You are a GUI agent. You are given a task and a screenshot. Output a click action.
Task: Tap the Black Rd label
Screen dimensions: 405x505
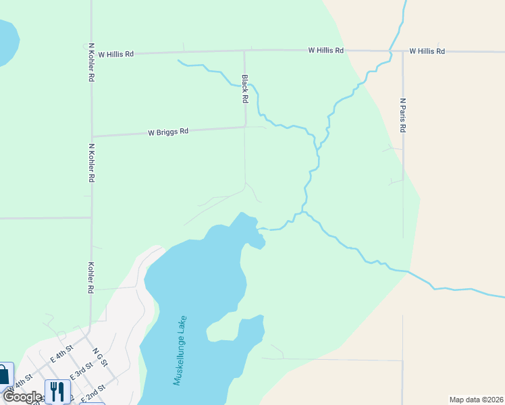(x=245, y=88)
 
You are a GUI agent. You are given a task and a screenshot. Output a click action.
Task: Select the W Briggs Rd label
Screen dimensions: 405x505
(x=168, y=132)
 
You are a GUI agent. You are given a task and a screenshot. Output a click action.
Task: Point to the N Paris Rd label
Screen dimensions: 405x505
(x=402, y=115)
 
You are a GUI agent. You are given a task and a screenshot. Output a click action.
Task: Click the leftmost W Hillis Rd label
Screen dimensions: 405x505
(x=116, y=53)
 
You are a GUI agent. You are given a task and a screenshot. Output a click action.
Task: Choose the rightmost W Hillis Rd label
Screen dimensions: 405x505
(x=427, y=51)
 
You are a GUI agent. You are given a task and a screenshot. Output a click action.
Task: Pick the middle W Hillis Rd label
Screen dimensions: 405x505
(x=326, y=51)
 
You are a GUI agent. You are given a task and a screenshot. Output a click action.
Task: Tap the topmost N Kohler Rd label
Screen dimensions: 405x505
(x=91, y=63)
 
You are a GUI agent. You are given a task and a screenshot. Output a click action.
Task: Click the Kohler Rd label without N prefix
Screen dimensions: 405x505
(x=90, y=277)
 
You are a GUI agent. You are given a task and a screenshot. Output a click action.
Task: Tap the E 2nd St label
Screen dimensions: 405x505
(x=93, y=392)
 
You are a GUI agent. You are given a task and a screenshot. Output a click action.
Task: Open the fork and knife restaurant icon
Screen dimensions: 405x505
(x=57, y=391)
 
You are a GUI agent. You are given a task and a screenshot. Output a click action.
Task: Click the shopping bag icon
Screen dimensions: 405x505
(x=3, y=374)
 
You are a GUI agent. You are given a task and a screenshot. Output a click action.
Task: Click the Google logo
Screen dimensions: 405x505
(x=22, y=397)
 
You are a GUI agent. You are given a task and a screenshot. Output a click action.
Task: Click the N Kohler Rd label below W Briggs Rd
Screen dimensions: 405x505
(x=90, y=163)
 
